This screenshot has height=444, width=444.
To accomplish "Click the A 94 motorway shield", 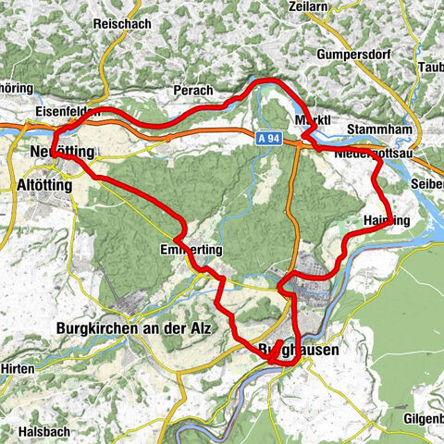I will [x=269, y=138].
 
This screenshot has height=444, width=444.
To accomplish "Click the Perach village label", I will [x=193, y=91].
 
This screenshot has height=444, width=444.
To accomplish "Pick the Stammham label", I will [x=379, y=129].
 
